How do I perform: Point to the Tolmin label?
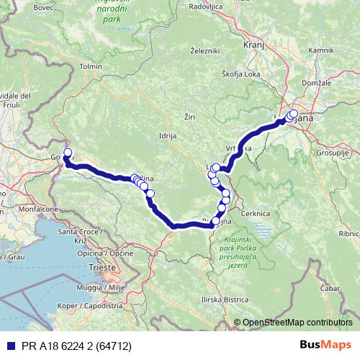click(91, 66)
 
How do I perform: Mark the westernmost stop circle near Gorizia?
click(68, 152)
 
